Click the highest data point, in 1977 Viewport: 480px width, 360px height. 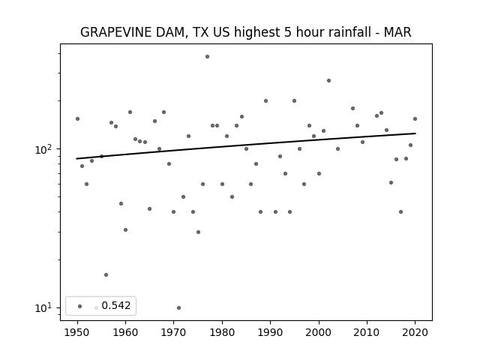coord(207,57)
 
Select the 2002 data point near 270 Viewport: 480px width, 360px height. coord(328,80)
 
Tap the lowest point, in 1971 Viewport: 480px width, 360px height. coord(178,307)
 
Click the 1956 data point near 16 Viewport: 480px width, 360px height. coord(106,275)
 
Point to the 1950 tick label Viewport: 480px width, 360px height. coord(77,332)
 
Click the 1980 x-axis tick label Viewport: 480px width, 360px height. coord(222,332)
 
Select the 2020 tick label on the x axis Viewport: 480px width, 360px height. coord(415,332)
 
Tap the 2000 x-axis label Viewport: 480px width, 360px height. coord(319,332)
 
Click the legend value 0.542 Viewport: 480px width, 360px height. coord(116,305)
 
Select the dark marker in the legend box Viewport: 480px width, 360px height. coord(80,306)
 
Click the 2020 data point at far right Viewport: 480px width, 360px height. coord(415,118)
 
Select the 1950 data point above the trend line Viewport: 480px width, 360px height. coord(77,118)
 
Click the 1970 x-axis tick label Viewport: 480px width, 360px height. coord(174,332)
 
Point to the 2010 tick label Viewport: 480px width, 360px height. coord(367,332)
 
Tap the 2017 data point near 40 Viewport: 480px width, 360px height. coord(400,211)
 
